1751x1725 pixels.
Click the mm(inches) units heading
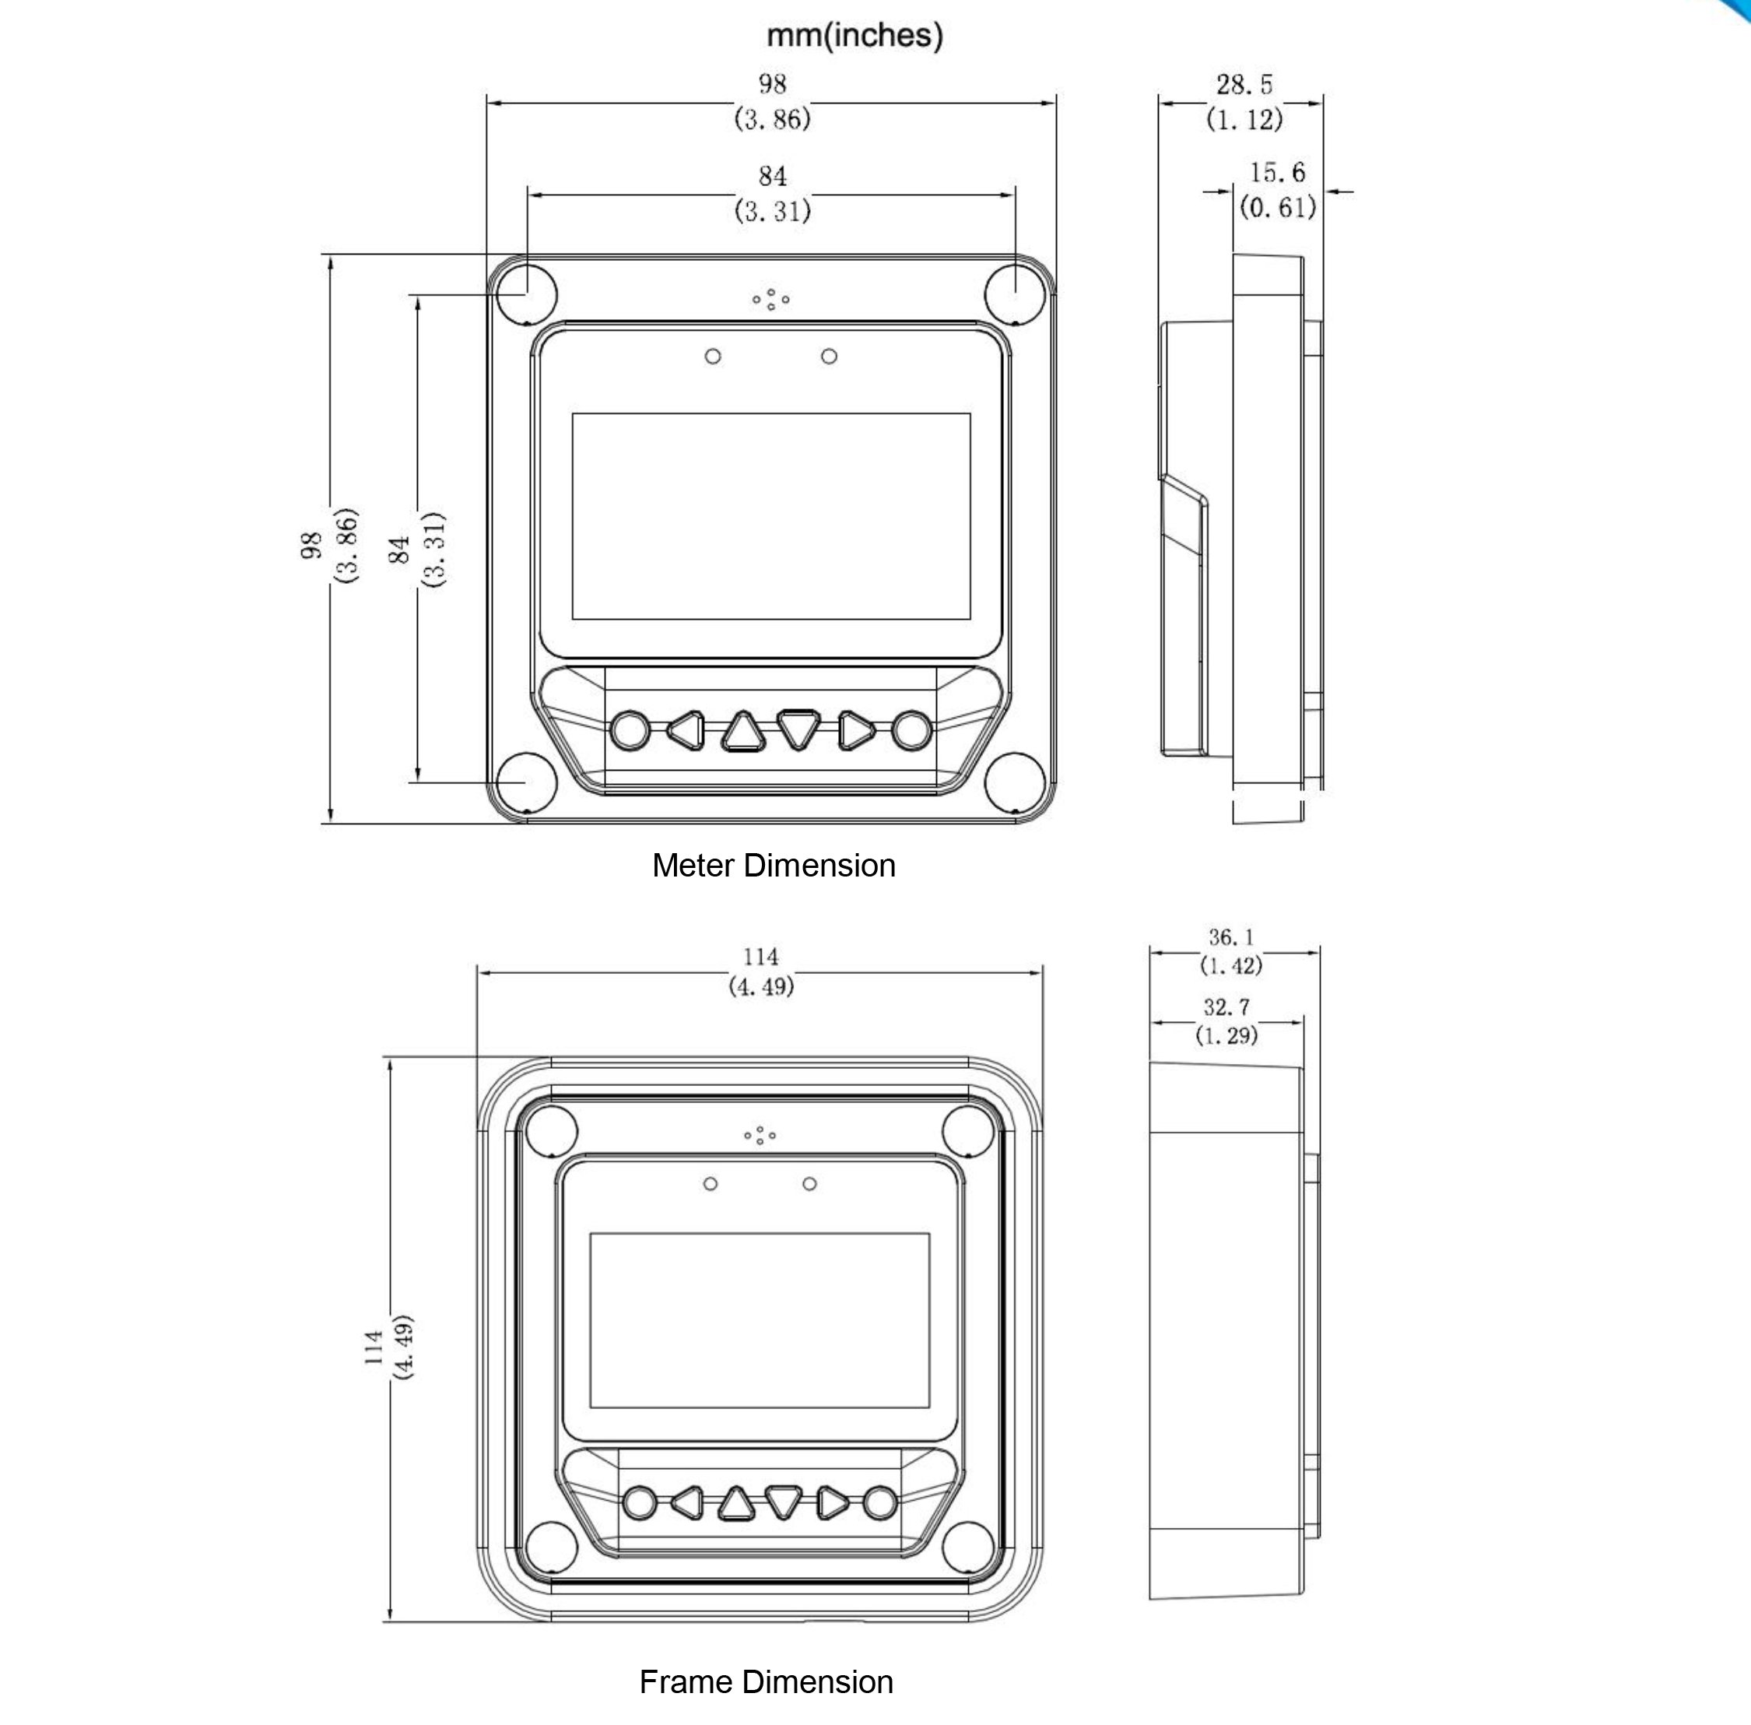point(854,35)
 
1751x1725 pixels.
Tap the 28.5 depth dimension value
point(1244,85)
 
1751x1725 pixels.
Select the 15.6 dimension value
point(1277,172)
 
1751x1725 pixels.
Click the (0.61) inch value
point(1277,208)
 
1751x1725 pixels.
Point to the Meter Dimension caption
point(774,865)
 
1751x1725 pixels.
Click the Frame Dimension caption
point(767,1682)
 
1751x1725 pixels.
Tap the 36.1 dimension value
point(1231,936)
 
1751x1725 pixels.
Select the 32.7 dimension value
point(1226,1007)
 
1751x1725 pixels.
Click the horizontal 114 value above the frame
point(761,957)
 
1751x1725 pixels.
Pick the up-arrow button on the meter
point(742,732)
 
